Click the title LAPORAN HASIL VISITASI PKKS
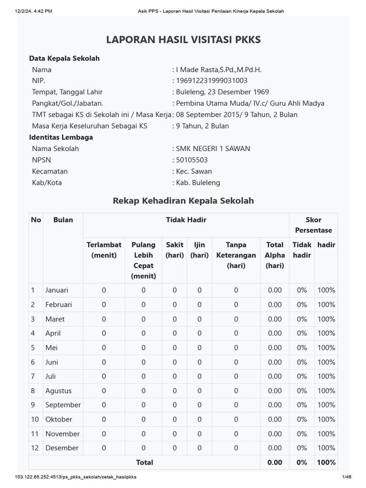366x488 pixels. [183, 40]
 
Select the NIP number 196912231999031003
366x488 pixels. [212, 81]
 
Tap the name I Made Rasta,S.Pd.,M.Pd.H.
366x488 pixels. [219, 70]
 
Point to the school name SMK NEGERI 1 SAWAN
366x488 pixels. [213, 149]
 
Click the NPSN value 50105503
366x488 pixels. [192, 160]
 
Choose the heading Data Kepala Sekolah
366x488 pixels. [64, 58]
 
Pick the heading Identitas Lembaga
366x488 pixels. [61, 137]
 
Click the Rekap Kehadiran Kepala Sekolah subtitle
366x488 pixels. [183, 201]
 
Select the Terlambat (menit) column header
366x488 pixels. [104, 250]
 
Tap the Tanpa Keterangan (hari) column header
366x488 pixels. [236, 255]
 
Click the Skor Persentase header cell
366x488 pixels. [313, 225]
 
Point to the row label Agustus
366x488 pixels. [58, 391]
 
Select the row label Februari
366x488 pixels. [59, 305]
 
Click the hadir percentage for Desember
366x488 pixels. [326, 448]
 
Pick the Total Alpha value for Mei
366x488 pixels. [274, 348]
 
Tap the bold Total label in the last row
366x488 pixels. [144, 462]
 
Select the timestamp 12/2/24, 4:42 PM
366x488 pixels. [33, 11]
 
